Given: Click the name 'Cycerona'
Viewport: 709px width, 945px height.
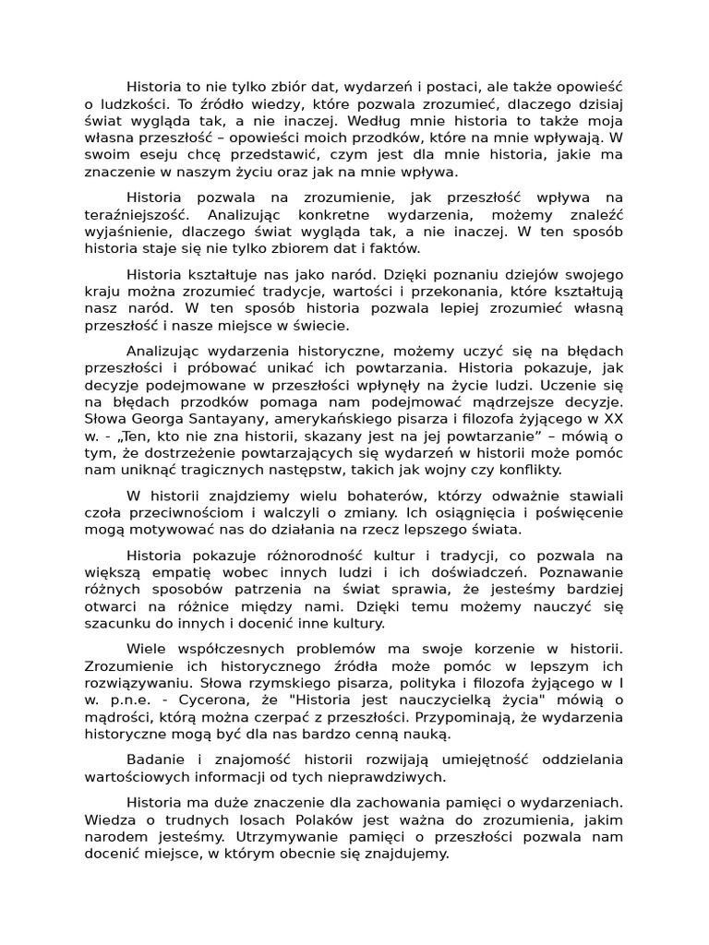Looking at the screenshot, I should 209,700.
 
